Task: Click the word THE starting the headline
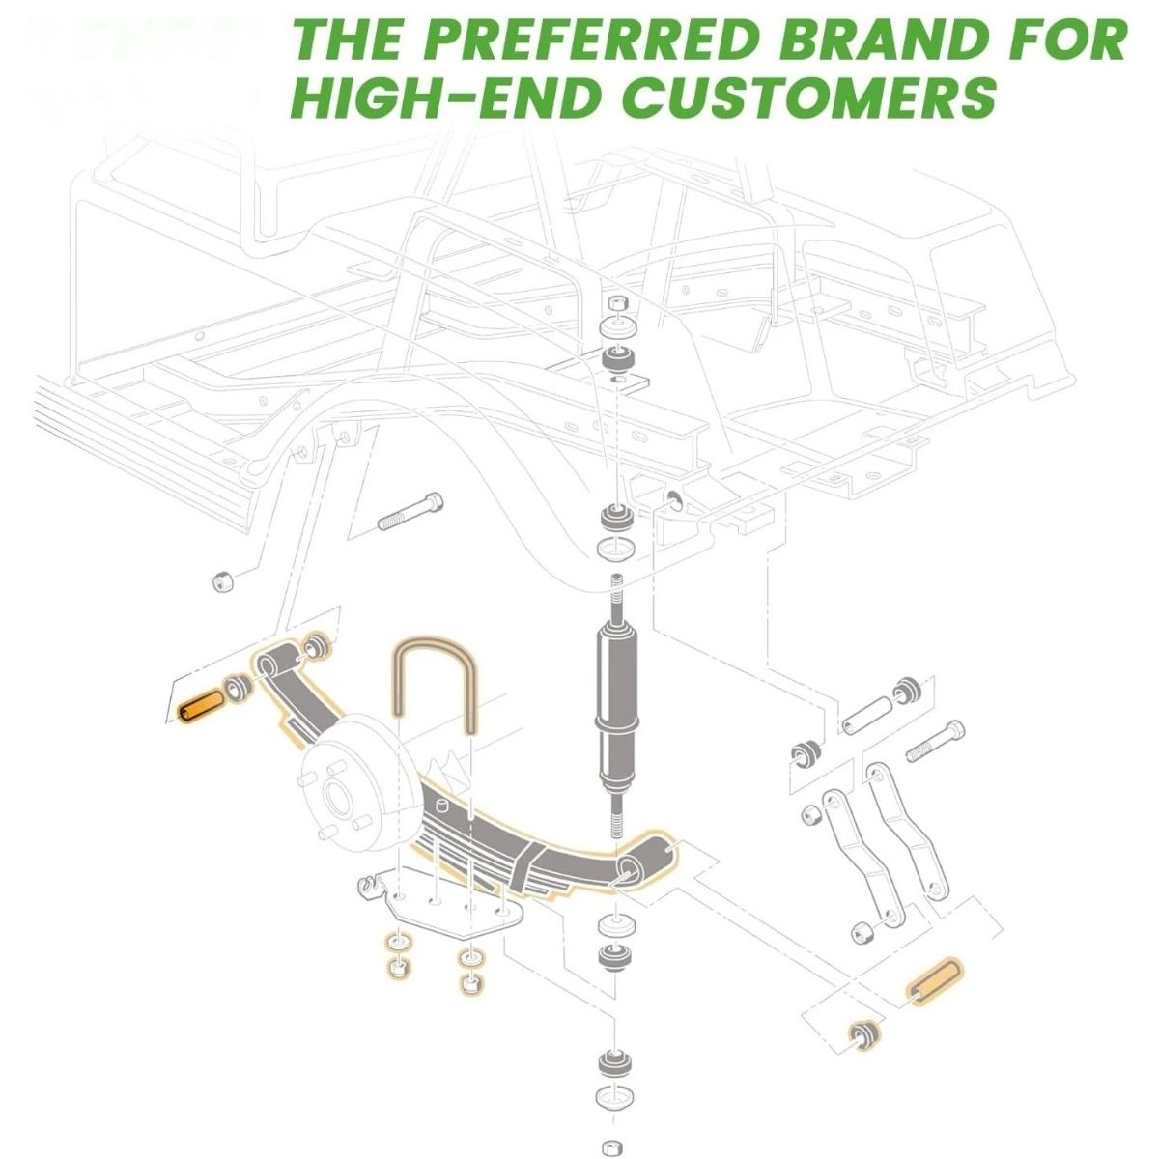(348, 39)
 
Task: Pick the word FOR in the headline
(1053, 39)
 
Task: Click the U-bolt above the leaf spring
(435, 684)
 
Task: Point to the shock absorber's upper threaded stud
(616, 602)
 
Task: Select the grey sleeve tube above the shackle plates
(868, 715)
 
